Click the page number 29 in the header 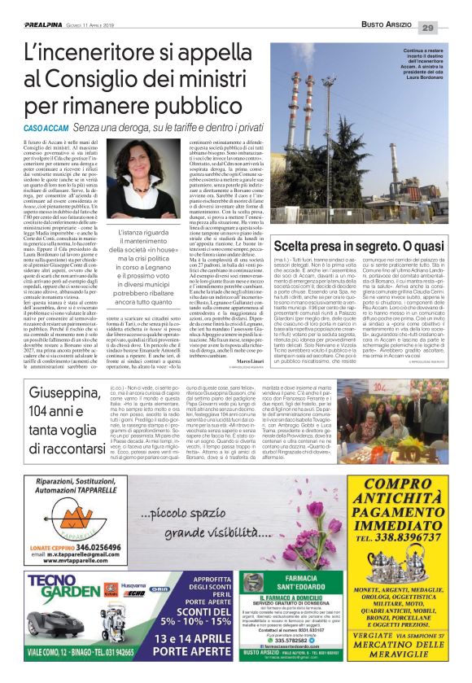450,28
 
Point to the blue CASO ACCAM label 46,128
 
